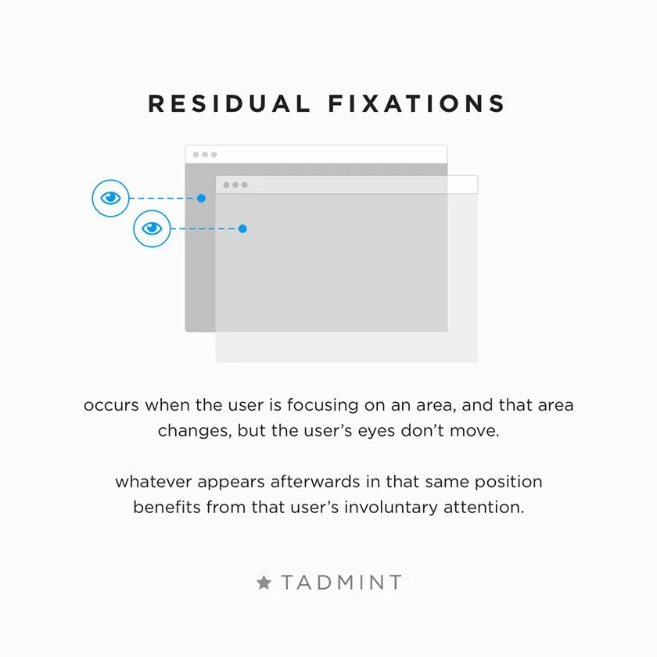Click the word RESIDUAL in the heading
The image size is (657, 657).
[x=228, y=103]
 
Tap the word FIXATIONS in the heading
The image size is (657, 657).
[x=416, y=103]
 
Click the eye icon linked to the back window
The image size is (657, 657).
[x=111, y=199]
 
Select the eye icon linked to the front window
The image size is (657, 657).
[x=152, y=228]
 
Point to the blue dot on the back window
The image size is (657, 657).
[x=201, y=199]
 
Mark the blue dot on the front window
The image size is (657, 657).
[x=242, y=228]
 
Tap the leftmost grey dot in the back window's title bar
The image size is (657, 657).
[x=196, y=154]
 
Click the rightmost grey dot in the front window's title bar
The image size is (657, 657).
[x=245, y=185]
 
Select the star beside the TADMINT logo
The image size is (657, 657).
[x=264, y=583]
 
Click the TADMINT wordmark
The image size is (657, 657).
[x=342, y=583]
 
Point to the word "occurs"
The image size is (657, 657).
[x=111, y=406]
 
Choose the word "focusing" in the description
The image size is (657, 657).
[x=321, y=406]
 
